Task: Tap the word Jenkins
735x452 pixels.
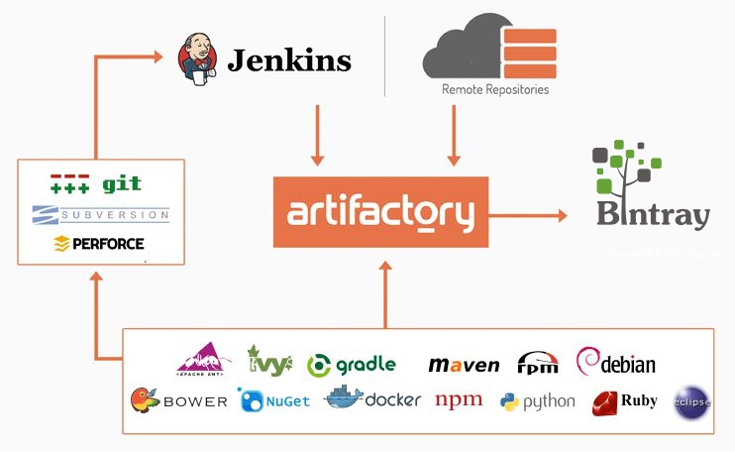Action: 289,60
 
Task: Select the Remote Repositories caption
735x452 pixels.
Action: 495,89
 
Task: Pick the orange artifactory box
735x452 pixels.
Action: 380,212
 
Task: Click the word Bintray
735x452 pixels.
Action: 653,217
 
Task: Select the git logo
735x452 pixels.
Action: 96,184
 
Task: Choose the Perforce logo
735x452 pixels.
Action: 98,243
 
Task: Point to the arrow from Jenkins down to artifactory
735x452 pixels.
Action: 317,134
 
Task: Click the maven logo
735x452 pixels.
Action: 464,365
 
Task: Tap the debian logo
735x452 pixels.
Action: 615,362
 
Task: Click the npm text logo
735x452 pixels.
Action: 459,399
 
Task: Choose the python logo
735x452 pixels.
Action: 538,400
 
